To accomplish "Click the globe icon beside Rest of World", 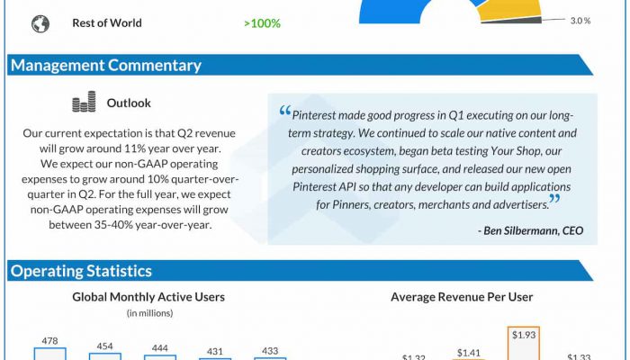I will pyautogui.click(x=40, y=23).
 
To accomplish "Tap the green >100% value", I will pyautogui.click(x=262, y=23).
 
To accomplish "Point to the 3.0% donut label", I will pyautogui.click(x=580, y=20).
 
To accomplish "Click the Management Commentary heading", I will pyautogui.click(x=105, y=65).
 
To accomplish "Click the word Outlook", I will pyautogui.click(x=129, y=103).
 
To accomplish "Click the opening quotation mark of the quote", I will pyautogui.click(x=285, y=112).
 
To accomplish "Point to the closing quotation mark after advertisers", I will pyautogui.click(x=554, y=200).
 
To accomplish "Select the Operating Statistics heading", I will pyautogui.click(x=81, y=271).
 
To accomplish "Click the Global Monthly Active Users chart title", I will pyautogui.click(x=148, y=297).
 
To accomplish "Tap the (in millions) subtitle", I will pyautogui.click(x=148, y=313).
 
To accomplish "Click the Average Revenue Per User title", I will pyautogui.click(x=462, y=297).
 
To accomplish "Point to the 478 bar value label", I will pyautogui.click(x=49, y=341).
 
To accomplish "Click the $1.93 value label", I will pyautogui.click(x=523, y=335).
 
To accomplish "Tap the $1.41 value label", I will pyautogui.click(x=469, y=354).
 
